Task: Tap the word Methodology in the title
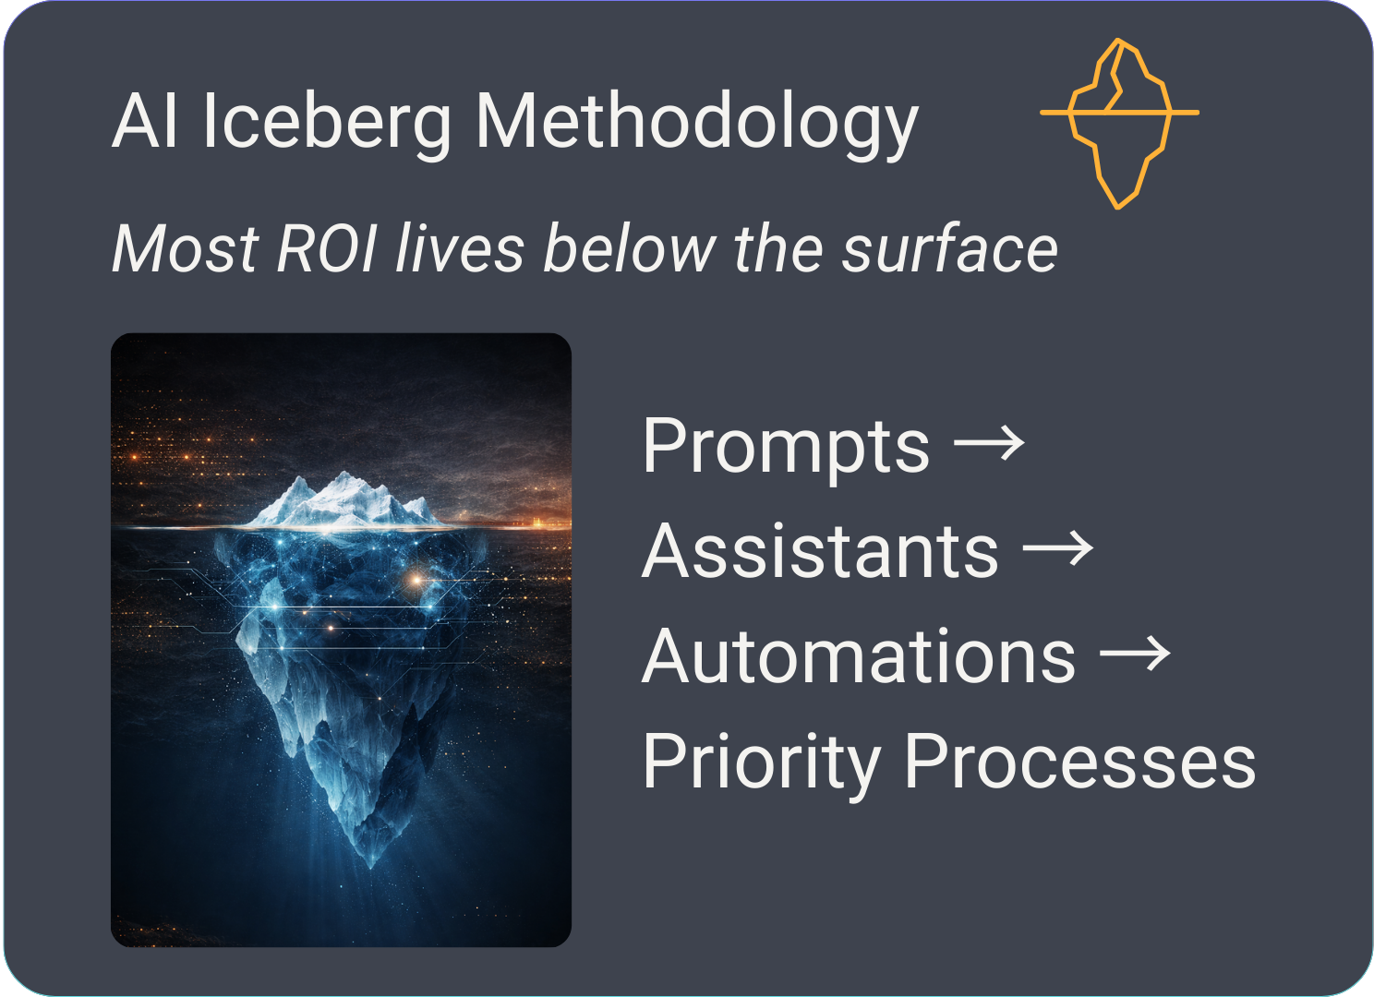(x=696, y=122)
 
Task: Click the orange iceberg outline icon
(x=1119, y=123)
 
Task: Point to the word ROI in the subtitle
(x=327, y=249)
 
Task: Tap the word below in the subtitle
(x=629, y=249)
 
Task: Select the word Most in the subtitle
(x=185, y=249)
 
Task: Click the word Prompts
(x=786, y=446)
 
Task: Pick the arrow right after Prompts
(x=989, y=444)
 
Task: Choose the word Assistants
(x=820, y=552)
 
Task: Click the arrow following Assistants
(x=1057, y=549)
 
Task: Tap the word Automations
(x=859, y=657)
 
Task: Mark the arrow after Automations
(x=1135, y=655)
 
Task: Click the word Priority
(x=761, y=763)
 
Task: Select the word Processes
(x=1079, y=763)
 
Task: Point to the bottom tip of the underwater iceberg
(x=371, y=863)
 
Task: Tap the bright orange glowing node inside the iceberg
(x=416, y=580)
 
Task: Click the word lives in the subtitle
(x=460, y=249)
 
